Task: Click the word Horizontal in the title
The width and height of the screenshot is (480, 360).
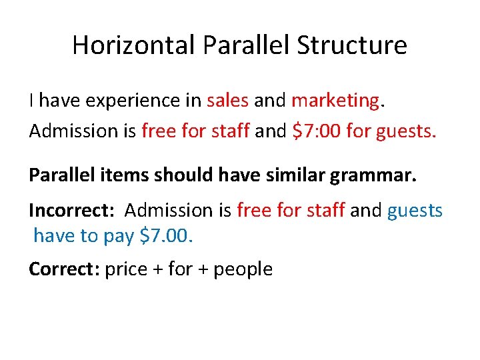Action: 134,45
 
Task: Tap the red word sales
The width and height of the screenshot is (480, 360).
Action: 227,101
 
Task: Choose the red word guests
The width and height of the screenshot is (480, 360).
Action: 406,131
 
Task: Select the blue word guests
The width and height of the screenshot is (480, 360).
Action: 415,211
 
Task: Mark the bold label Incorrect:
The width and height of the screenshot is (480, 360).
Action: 71,211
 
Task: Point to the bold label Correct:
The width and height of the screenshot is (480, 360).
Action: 65,269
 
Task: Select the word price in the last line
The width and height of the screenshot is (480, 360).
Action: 127,270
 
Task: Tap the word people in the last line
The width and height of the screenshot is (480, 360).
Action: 243,270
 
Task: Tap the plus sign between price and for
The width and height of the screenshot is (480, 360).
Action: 158,270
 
